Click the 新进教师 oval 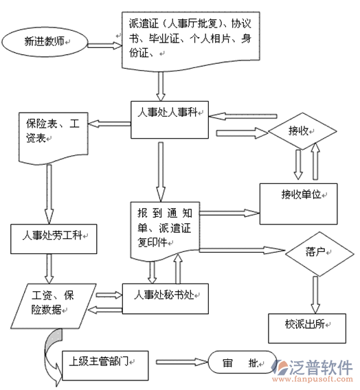click(45, 42)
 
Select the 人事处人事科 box click(170, 119)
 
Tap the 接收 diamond click(302, 131)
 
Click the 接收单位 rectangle click(299, 204)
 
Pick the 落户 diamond click(319, 254)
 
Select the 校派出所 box click(307, 328)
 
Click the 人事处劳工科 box click(54, 239)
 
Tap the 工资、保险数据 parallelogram click(53, 306)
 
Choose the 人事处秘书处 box click(166, 299)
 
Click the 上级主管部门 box click(105, 365)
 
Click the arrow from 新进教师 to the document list click(105, 45)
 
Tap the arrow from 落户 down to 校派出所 click(315, 295)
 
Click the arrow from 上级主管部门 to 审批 click(182, 362)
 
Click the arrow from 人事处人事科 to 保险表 click(109, 124)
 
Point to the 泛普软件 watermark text click(322, 367)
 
